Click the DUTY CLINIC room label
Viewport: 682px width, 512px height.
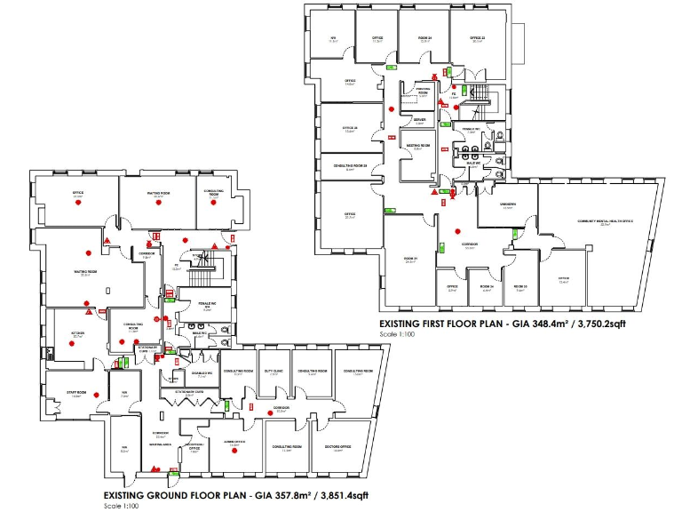coord(274,372)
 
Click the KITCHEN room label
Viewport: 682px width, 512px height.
coord(77,334)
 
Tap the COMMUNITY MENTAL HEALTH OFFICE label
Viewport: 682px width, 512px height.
coord(605,221)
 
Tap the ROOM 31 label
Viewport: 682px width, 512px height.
coord(410,260)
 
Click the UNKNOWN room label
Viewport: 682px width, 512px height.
coord(507,205)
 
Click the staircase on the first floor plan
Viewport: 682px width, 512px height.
coord(480,95)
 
